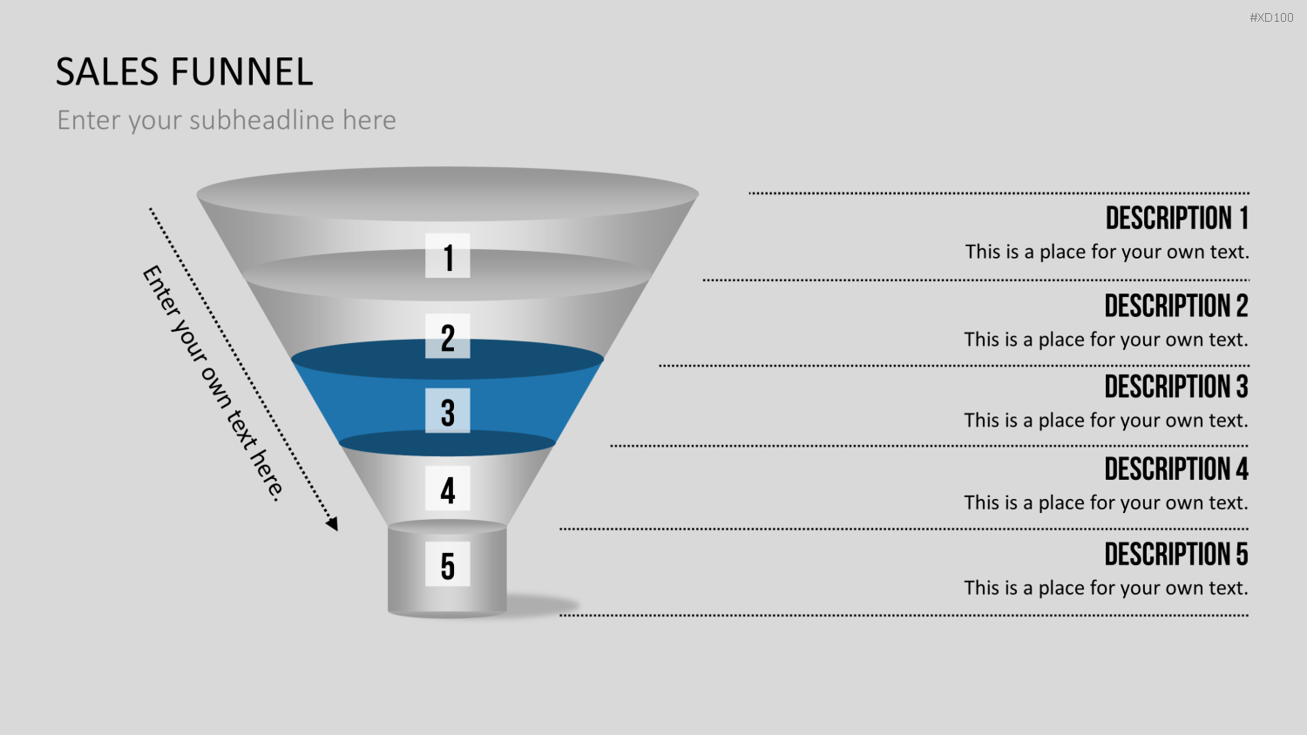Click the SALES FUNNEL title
(185, 71)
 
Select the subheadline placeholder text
(227, 120)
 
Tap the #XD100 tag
(1271, 17)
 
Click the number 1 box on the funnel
(448, 255)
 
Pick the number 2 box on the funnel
(448, 336)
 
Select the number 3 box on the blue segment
(448, 411)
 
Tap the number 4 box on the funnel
(448, 489)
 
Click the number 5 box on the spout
(448, 564)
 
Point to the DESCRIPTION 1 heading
(1177, 219)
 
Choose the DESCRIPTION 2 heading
(1176, 306)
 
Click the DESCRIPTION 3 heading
(1176, 386)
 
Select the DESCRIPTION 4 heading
(1176, 469)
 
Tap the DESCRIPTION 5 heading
(1176, 554)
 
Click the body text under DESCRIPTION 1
(1107, 252)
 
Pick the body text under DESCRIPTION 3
(1106, 421)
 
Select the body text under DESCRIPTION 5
(1106, 588)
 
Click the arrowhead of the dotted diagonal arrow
(332, 524)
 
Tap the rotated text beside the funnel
(213, 382)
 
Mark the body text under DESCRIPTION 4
(1106, 502)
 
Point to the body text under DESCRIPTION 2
(1106, 340)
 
